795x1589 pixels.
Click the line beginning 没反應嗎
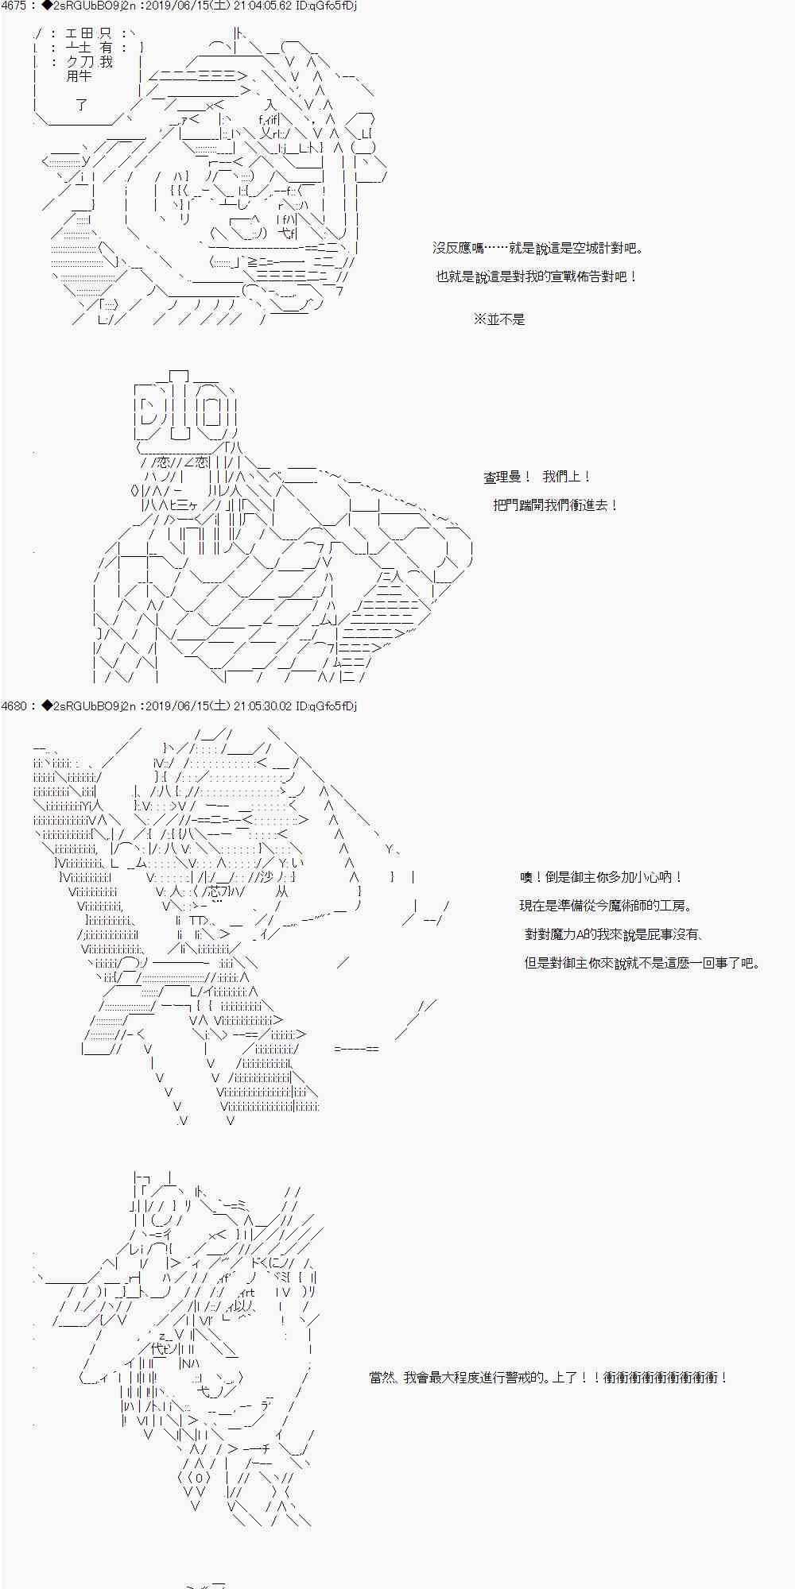(x=538, y=249)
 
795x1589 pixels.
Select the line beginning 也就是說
(x=537, y=277)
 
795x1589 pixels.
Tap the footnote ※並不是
(x=499, y=319)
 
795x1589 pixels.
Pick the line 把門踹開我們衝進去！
(x=556, y=505)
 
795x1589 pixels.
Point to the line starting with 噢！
(x=602, y=877)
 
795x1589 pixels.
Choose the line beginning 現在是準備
(x=606, y=906)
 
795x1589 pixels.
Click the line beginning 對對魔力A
(x=614, y=934)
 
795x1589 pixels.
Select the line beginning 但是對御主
(x=642, y=963)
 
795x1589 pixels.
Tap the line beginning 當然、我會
(x=549, y=1378)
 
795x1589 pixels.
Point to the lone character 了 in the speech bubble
(x=80, y=104)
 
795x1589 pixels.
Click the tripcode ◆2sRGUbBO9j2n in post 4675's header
(x=87, y=6)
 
